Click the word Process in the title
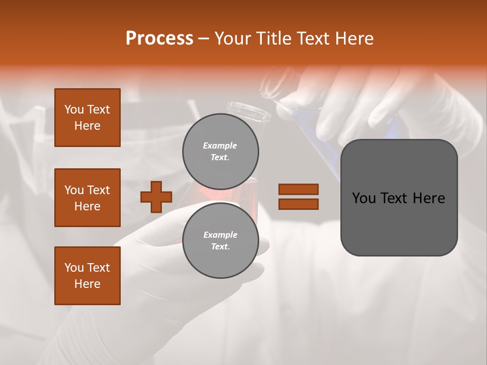[159, 39]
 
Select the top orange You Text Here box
[87, 118]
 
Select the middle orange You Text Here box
[87, 198]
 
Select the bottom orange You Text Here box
[87, 276]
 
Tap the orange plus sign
[156, 197]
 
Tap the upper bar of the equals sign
[298, 189]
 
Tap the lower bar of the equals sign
[298, 204]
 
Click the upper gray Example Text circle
[220, 151]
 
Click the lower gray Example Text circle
[220, 240]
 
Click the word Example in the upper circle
[220, 145]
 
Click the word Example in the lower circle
[220, 235]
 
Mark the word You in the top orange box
[74, 109]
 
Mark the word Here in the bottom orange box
[87, 284]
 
